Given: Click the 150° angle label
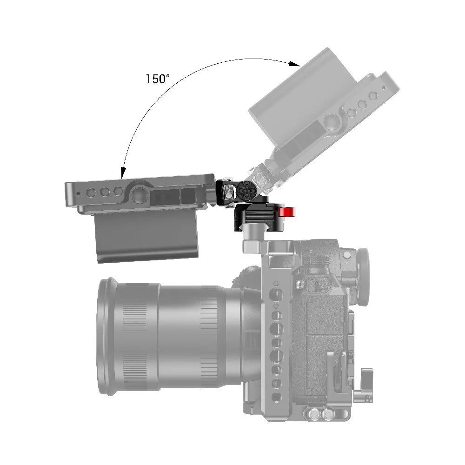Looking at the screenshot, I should point(158,79).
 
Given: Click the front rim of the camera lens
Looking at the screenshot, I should point(106,337).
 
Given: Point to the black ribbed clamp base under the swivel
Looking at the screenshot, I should point(255,217).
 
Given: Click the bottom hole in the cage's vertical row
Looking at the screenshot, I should point(276,396).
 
